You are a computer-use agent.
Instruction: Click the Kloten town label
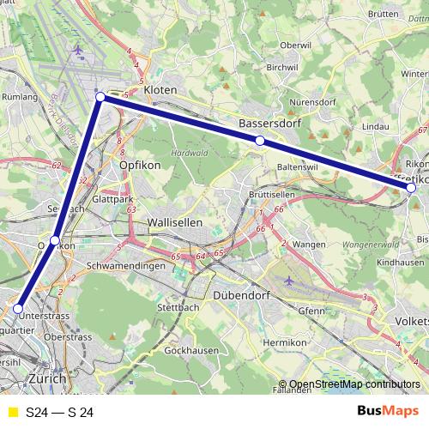pos(160,89)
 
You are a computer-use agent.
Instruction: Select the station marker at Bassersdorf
pos(259,140)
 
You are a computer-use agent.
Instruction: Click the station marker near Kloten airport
pos(100,97)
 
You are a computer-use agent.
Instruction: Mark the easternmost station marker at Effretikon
pos(411,187)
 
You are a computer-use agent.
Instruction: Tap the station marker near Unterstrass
pos(18,308)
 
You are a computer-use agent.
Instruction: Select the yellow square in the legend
pos(13,413)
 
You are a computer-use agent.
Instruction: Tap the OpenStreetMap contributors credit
pos(354,384)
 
